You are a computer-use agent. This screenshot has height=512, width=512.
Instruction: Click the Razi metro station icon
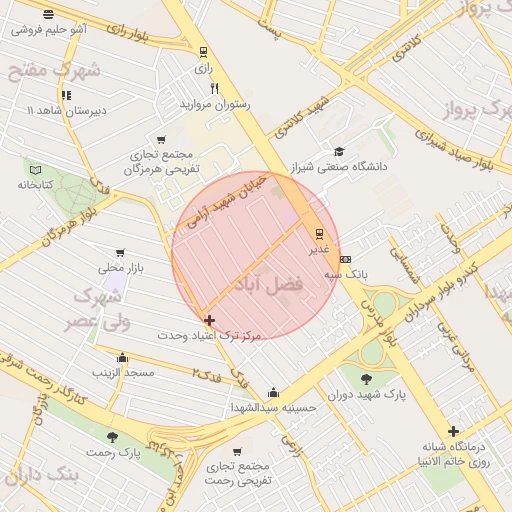204,52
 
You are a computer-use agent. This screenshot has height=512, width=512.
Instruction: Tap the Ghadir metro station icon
319,234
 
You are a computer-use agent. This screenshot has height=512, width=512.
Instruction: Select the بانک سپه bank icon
346,259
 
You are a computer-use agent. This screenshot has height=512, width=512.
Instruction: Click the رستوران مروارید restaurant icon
214,89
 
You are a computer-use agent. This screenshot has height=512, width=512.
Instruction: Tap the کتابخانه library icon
36,170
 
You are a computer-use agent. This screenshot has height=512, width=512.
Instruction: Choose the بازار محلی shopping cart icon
121,253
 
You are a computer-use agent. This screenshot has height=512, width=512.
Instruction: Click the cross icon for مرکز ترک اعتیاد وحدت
209,321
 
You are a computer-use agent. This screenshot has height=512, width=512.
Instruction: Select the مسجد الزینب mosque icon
122,357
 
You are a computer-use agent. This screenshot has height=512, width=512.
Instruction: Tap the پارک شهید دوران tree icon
366,380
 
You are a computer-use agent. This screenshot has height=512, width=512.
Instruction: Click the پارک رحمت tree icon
112,437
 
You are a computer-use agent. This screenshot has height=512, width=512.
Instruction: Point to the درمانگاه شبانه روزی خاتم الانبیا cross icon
454,430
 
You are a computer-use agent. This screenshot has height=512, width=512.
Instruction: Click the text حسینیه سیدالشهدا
273,407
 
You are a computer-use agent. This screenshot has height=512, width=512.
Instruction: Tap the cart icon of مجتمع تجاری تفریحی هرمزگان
161,140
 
